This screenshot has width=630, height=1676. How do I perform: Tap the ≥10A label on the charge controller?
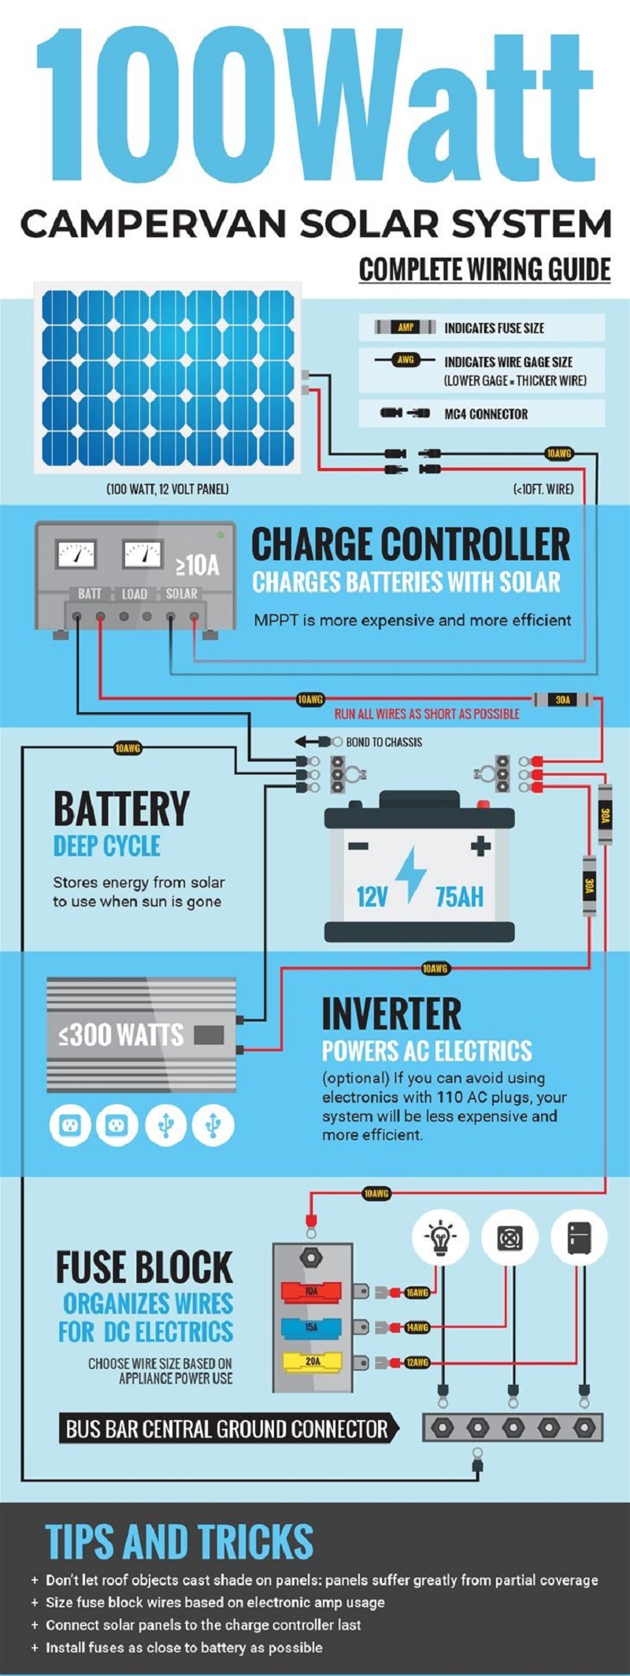(197, 565)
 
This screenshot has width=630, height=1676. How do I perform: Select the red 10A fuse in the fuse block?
(312, 1292)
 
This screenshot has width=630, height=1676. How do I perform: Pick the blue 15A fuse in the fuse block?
(312, 1327)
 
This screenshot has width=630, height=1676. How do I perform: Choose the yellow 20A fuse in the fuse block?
(312, 1361)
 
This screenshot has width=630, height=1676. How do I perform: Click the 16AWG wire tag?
(417, 1292)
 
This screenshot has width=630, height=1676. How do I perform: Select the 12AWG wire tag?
(417, 1362)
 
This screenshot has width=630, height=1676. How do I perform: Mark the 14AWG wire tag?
(417, 1327)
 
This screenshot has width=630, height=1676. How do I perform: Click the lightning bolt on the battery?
(410, 874)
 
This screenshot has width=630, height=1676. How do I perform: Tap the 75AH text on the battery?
(459, 896)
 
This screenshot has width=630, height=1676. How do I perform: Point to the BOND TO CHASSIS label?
(384, 742)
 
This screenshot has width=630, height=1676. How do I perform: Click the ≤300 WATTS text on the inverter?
(121, 1034)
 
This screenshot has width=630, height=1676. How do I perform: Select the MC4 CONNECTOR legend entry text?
(486, 414)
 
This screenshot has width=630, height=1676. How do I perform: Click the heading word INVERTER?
(391, 1014)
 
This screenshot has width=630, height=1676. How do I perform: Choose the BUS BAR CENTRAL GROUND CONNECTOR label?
(227, 1429)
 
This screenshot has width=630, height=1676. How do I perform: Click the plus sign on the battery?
(480, 847)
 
